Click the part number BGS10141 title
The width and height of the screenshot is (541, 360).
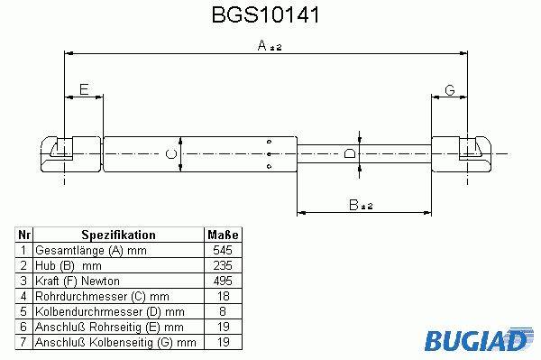pyautogui.click(x=265, y=14)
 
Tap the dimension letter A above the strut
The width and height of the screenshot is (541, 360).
pyautogui.click(x=262, y=45)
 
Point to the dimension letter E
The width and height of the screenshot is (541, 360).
pyautogui.click(x=84, y=89)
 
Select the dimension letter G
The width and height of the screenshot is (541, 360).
pyautogui.click(x=450, y=90)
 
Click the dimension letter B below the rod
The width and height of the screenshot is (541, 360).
pyautogui.click(x=353, y=205)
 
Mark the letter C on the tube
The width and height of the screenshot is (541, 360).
pyautogui.click(x=171, y=154)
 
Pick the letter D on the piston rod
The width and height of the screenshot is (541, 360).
pyautogui.click(x=350, y=153)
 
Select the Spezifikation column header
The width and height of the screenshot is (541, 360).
pyautogui.click(x=118, y=235)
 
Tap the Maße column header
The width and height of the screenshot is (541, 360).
pyautogui.click(x=223, y=235)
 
